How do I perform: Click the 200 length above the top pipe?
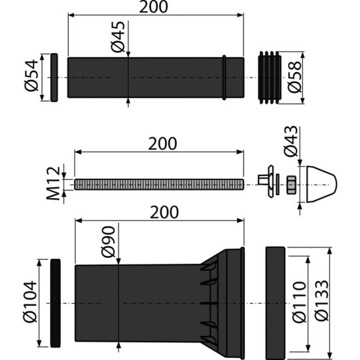click(154, 7)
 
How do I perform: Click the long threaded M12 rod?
click(158, 185)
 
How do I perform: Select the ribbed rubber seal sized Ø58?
click(268, 77)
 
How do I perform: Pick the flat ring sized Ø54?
click(55, 77)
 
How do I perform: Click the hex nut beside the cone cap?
click(292, 185)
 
